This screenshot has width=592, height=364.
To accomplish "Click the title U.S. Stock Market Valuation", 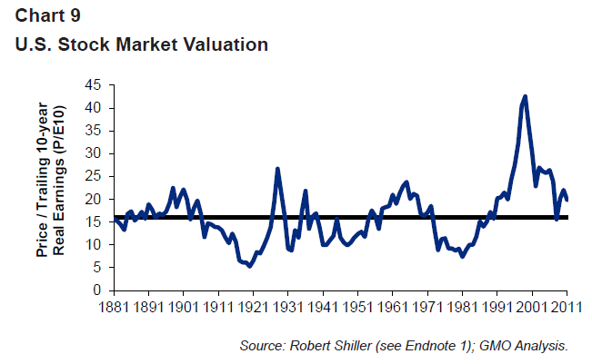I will point(141,44).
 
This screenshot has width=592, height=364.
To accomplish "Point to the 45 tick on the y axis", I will point(92,85).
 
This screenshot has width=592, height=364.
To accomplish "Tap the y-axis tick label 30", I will point(92,153).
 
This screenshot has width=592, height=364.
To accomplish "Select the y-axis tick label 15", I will point(92,222).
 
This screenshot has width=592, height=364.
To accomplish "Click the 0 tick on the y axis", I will point(96,290).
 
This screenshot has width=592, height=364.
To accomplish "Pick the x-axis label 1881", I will point(114,305).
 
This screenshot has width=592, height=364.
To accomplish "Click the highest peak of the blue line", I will point(526,96).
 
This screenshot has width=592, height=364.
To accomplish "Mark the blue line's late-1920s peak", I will point(276,169).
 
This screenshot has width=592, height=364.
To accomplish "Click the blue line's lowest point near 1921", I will point(250,266).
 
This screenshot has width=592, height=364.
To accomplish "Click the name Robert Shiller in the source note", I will point(324,346).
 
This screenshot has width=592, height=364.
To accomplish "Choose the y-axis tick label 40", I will point(92,108).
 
